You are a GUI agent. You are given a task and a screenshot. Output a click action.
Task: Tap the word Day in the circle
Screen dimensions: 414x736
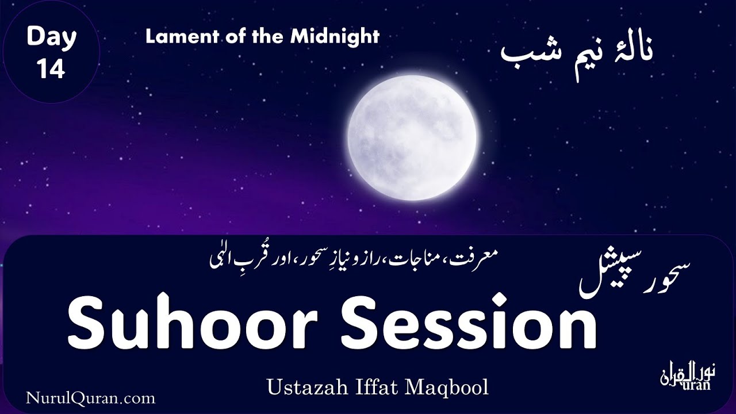click(x=51, y=39)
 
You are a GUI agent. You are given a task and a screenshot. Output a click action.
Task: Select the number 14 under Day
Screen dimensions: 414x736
click(x=51, y=68)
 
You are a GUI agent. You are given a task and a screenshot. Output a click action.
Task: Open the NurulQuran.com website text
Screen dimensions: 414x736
click(x=90, y=397)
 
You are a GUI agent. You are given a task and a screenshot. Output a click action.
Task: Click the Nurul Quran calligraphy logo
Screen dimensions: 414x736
click(x=685, y=377)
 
